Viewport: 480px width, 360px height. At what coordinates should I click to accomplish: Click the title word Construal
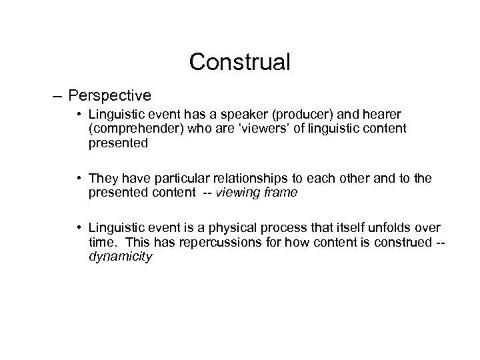coord(239,62)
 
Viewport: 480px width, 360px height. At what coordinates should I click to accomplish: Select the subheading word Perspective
coord(109,95)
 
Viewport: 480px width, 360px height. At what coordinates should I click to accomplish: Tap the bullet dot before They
coord(79,178)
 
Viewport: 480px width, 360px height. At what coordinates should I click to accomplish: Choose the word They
coord(103,178)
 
